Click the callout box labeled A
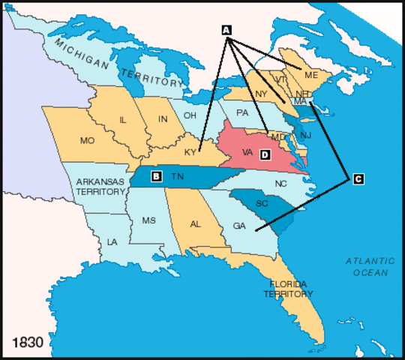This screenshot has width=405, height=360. tap(227, 29)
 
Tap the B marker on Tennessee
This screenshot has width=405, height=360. tap(156, 176)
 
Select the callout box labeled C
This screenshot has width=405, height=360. tap(358, 178)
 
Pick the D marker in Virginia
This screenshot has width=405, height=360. tap(264, 154)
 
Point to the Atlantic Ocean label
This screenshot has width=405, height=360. tap(370, 266)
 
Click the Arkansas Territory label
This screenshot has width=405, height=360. tap(100, 187)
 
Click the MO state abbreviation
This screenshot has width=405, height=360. tap(87, 140)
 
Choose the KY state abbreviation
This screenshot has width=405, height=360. tap(190, 152)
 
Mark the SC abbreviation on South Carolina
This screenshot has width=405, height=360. tap(262, 203)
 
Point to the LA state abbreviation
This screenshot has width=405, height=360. tap(112, 241)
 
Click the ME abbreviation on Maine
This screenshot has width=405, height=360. tap(312, 75)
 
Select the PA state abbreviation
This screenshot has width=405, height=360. tap(241, 112)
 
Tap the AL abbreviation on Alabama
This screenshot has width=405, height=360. tap(195, 224)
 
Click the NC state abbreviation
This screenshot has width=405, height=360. tap(280, 183)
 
